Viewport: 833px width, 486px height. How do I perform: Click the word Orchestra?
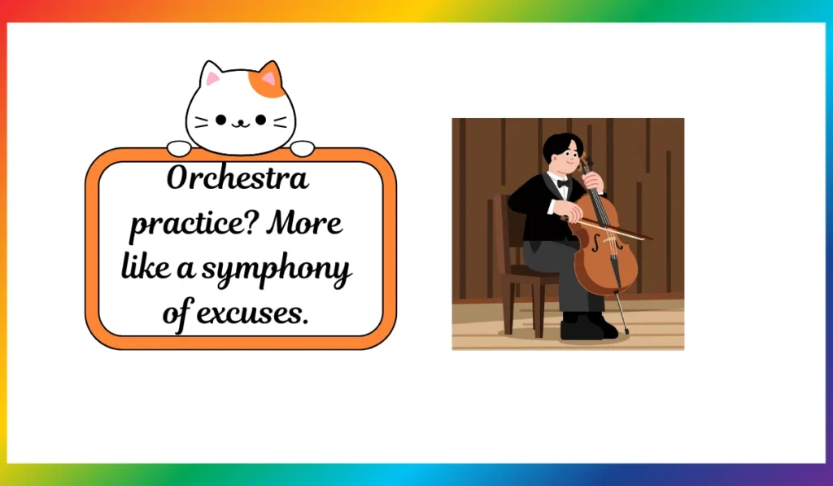pos(238,178)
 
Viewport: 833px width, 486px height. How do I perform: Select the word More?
pos(304,222)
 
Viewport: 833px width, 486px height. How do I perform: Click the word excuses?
pos(252,313)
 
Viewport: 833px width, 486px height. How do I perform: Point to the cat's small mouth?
pos(241,125)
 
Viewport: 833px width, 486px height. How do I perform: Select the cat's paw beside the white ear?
pos(179,148)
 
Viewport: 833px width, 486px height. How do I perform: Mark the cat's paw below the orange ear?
pos(303,148)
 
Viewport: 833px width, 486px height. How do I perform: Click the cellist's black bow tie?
pos(563,183)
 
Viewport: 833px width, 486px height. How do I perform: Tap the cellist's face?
pos(567,158)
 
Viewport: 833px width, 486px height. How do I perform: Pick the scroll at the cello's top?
pos(587,160)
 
